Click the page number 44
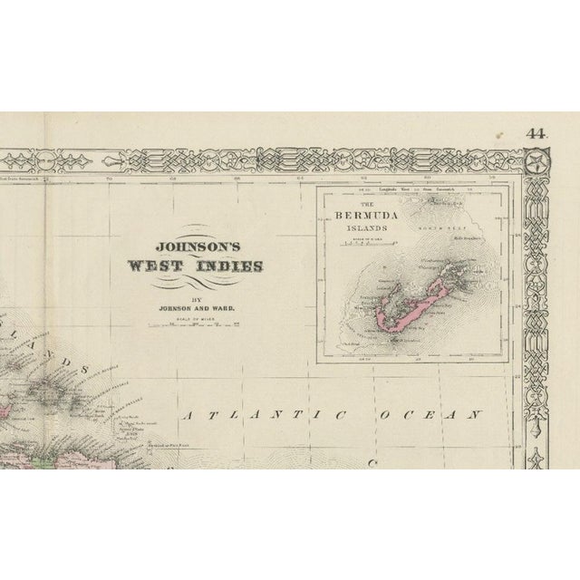tap(536, 133)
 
